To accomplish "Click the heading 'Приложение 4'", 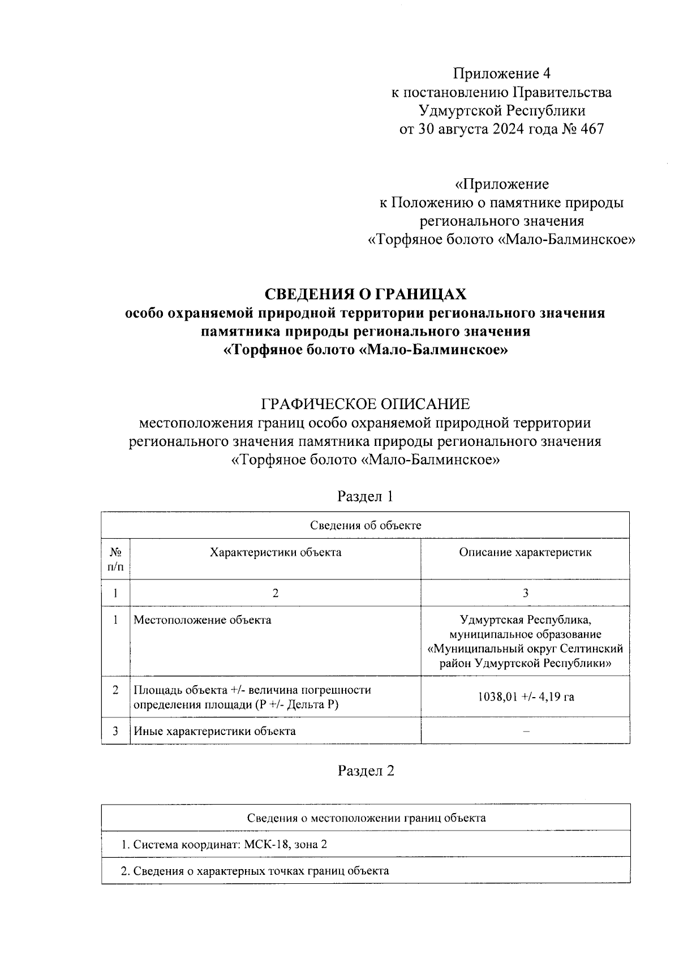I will (x=501, y=74).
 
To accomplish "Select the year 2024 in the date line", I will (x=514, y=129).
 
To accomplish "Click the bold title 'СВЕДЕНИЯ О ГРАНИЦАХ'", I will (x=366, y=294).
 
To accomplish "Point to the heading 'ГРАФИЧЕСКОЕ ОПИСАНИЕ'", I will (x=366, y=404).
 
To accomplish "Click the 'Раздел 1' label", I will (x=365, y=496).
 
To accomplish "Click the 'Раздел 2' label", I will (x=366, y=771).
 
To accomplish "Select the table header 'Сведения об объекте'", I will (x=366, y=525).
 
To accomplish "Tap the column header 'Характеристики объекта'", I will (x=276, y=552).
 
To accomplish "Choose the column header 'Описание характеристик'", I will (x=525, y=552).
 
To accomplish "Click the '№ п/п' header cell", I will (x=115, y=558).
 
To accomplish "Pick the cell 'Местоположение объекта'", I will (x=202, y=620).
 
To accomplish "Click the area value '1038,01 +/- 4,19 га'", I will (x=525, y=697).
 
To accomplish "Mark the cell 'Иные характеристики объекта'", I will (x=214, y=731).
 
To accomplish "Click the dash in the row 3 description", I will (x=526, y=731).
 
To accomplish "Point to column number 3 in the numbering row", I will (x=526, y=593).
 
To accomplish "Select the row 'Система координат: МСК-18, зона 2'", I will (x=224, y=845).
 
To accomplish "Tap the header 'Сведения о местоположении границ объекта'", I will (x=366, y=818).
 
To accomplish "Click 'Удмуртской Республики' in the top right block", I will (x=501, y=110).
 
